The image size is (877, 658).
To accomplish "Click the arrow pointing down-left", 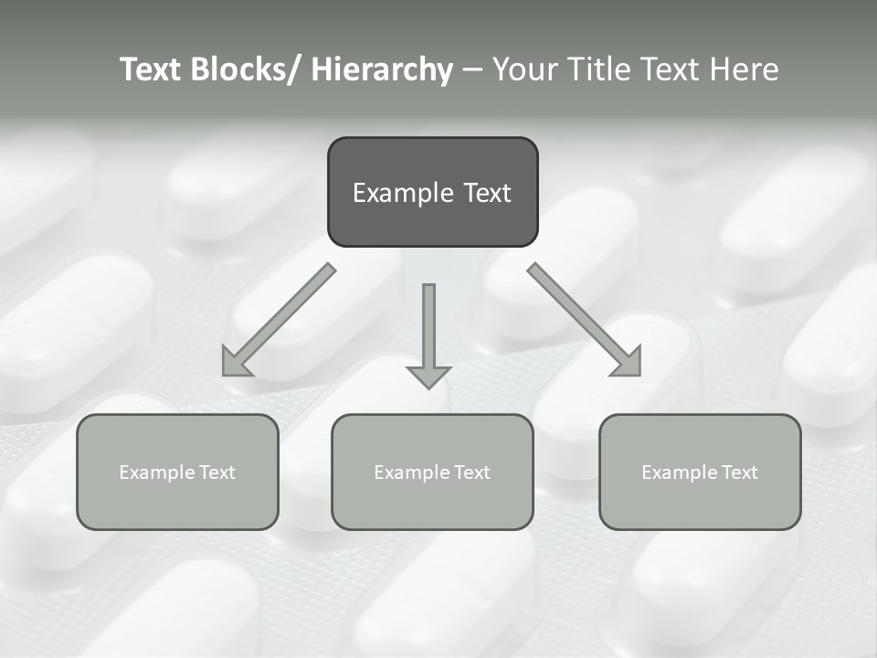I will (x=279, y=320).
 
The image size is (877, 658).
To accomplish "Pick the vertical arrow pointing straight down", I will (x=428, y=329).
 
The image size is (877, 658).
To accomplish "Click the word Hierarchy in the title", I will (x=382, y=69).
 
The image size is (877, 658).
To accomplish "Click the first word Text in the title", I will (x=151, y=69).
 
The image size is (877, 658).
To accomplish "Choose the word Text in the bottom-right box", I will (x=739, y=472).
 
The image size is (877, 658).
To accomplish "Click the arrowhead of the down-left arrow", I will (x=235, y=363).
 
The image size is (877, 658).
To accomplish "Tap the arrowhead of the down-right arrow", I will (x=629, y=363).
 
